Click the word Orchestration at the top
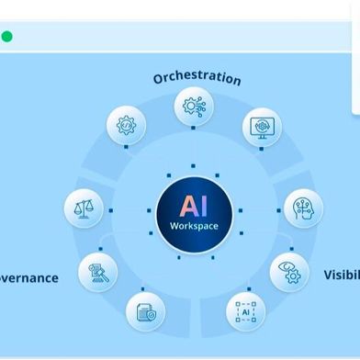pos(197,77)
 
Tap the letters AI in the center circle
pos(194,205)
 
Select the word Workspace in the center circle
pos(194,226)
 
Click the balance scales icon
pos(84,208)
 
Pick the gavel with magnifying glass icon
pos(97,271)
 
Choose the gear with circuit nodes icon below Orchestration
pos(194,107)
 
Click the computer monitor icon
pos(262,128)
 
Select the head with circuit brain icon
pos(303,208)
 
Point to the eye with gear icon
pos(289,273)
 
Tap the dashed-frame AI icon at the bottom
pos(245,311)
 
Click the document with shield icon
pos(145,311)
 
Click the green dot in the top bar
pos(7,37)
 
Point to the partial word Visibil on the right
pos(341,275)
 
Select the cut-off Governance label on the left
pos(28,277)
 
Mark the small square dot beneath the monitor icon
pos(261,149)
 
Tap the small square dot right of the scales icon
pos(110,209)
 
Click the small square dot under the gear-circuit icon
pos(194,129)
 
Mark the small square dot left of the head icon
pos(279,209)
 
